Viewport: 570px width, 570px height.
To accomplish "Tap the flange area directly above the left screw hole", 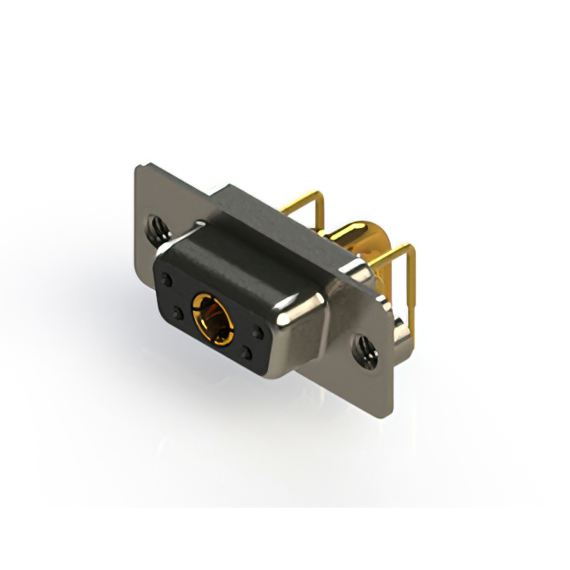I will [x=159, y=200].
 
